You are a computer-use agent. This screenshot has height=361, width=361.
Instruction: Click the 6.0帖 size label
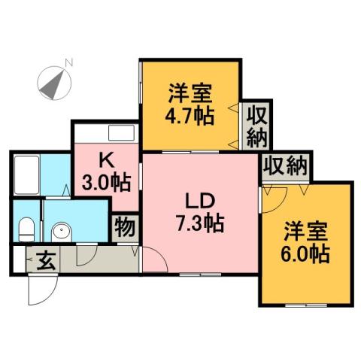click(306, 254)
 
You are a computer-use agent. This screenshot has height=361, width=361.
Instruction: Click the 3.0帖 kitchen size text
click(106, 183)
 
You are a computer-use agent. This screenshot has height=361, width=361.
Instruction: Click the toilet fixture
click(26, 226)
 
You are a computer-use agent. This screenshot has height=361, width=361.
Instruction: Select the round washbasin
click(61, 228)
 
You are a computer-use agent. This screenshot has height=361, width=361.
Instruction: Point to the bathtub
click(27, 174)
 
